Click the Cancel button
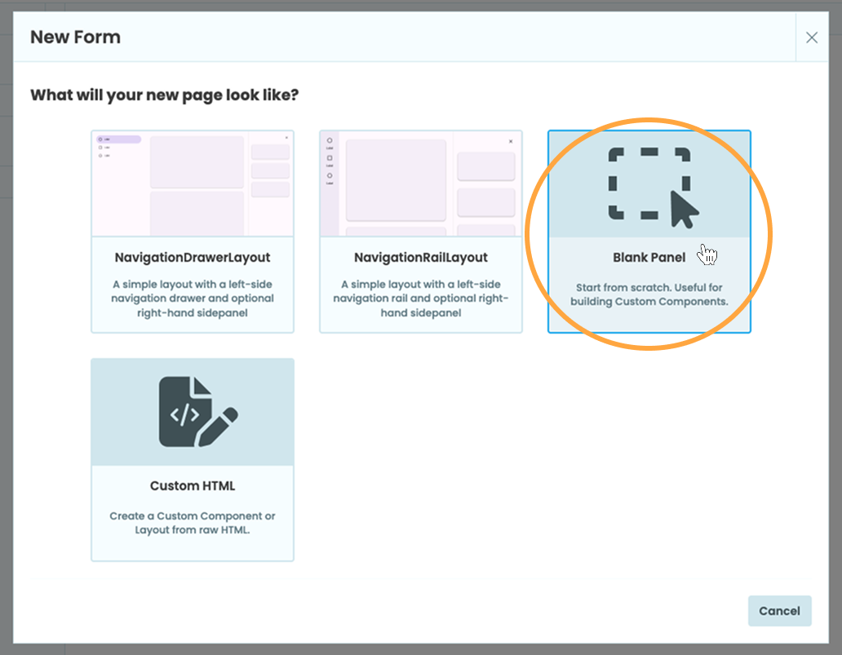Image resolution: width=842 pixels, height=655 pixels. tap(779, 611)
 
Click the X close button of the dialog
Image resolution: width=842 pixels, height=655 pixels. tap(811, 38)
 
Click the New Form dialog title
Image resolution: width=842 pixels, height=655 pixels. tap(75, 38)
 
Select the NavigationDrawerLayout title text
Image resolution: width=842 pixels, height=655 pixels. tap(193, 258)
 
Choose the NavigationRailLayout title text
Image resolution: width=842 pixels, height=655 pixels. tap(421, 258)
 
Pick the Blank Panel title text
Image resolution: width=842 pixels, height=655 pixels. tap(649, 258)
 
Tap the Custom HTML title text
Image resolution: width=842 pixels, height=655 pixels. tap(193, 486)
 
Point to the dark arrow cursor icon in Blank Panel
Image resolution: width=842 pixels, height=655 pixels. tap(684, 210)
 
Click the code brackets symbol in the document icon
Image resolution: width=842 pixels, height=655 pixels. tap(184, 414)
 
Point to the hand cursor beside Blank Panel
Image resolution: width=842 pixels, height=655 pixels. tap(707, 254)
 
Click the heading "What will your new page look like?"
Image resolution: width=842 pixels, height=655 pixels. tap(164, 95)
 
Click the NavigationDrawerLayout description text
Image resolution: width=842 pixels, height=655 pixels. tap(193, 299)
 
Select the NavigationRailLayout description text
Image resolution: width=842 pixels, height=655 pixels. tap(421, 299)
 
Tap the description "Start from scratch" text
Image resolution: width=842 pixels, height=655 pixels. tap(649, 294)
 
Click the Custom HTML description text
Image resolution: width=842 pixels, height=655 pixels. tap(193, 523)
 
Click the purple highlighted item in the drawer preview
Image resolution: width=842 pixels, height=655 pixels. tap(119, 139)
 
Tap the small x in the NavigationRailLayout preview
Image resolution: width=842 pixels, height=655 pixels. tap(511, 141)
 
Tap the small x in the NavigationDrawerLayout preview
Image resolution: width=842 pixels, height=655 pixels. tap(286, 138)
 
